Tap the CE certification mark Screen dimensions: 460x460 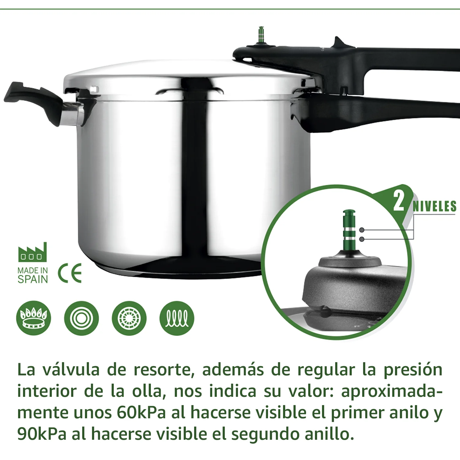pos(70,273)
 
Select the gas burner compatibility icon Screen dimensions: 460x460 pos(34,318)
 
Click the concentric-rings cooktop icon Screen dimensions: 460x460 pos(81,318)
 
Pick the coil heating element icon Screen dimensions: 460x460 pos(177,318)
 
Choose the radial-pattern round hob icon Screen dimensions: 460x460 pos(129,318)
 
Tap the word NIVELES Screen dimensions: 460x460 pos(435,206)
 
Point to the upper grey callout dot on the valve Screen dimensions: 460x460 pos(362,230)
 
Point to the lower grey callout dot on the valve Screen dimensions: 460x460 pos(362,239)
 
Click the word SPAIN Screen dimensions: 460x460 pos(33,279)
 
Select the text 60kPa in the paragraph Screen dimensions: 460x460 pos(141,412)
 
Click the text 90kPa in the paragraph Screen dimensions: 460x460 pos(42,434)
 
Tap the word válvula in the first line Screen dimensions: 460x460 pos(71,370)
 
